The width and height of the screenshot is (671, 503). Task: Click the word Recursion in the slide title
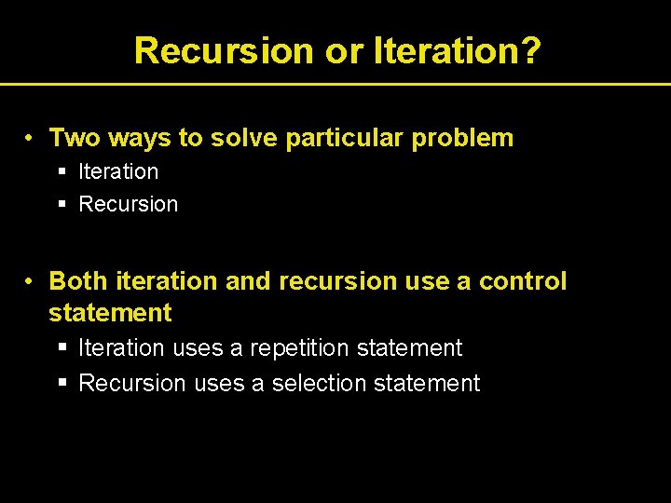coord(225,50)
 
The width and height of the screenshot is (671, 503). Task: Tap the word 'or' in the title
coord(345,50)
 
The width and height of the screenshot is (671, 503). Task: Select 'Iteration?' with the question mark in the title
coord(457,50)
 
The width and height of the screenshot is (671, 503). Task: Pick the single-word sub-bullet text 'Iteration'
coord(118,171)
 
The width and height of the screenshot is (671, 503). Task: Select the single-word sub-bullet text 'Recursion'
coord(128,204)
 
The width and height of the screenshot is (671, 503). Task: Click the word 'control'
coord(523,281)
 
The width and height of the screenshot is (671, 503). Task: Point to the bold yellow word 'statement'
coord(110,313)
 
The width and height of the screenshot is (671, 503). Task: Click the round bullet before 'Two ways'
coord(31,139)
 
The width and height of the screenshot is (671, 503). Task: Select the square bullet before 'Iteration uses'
coord(62,348)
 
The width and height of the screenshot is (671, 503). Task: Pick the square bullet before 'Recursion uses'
coord(62,383)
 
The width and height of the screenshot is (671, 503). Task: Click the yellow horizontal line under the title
coord(335,84)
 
